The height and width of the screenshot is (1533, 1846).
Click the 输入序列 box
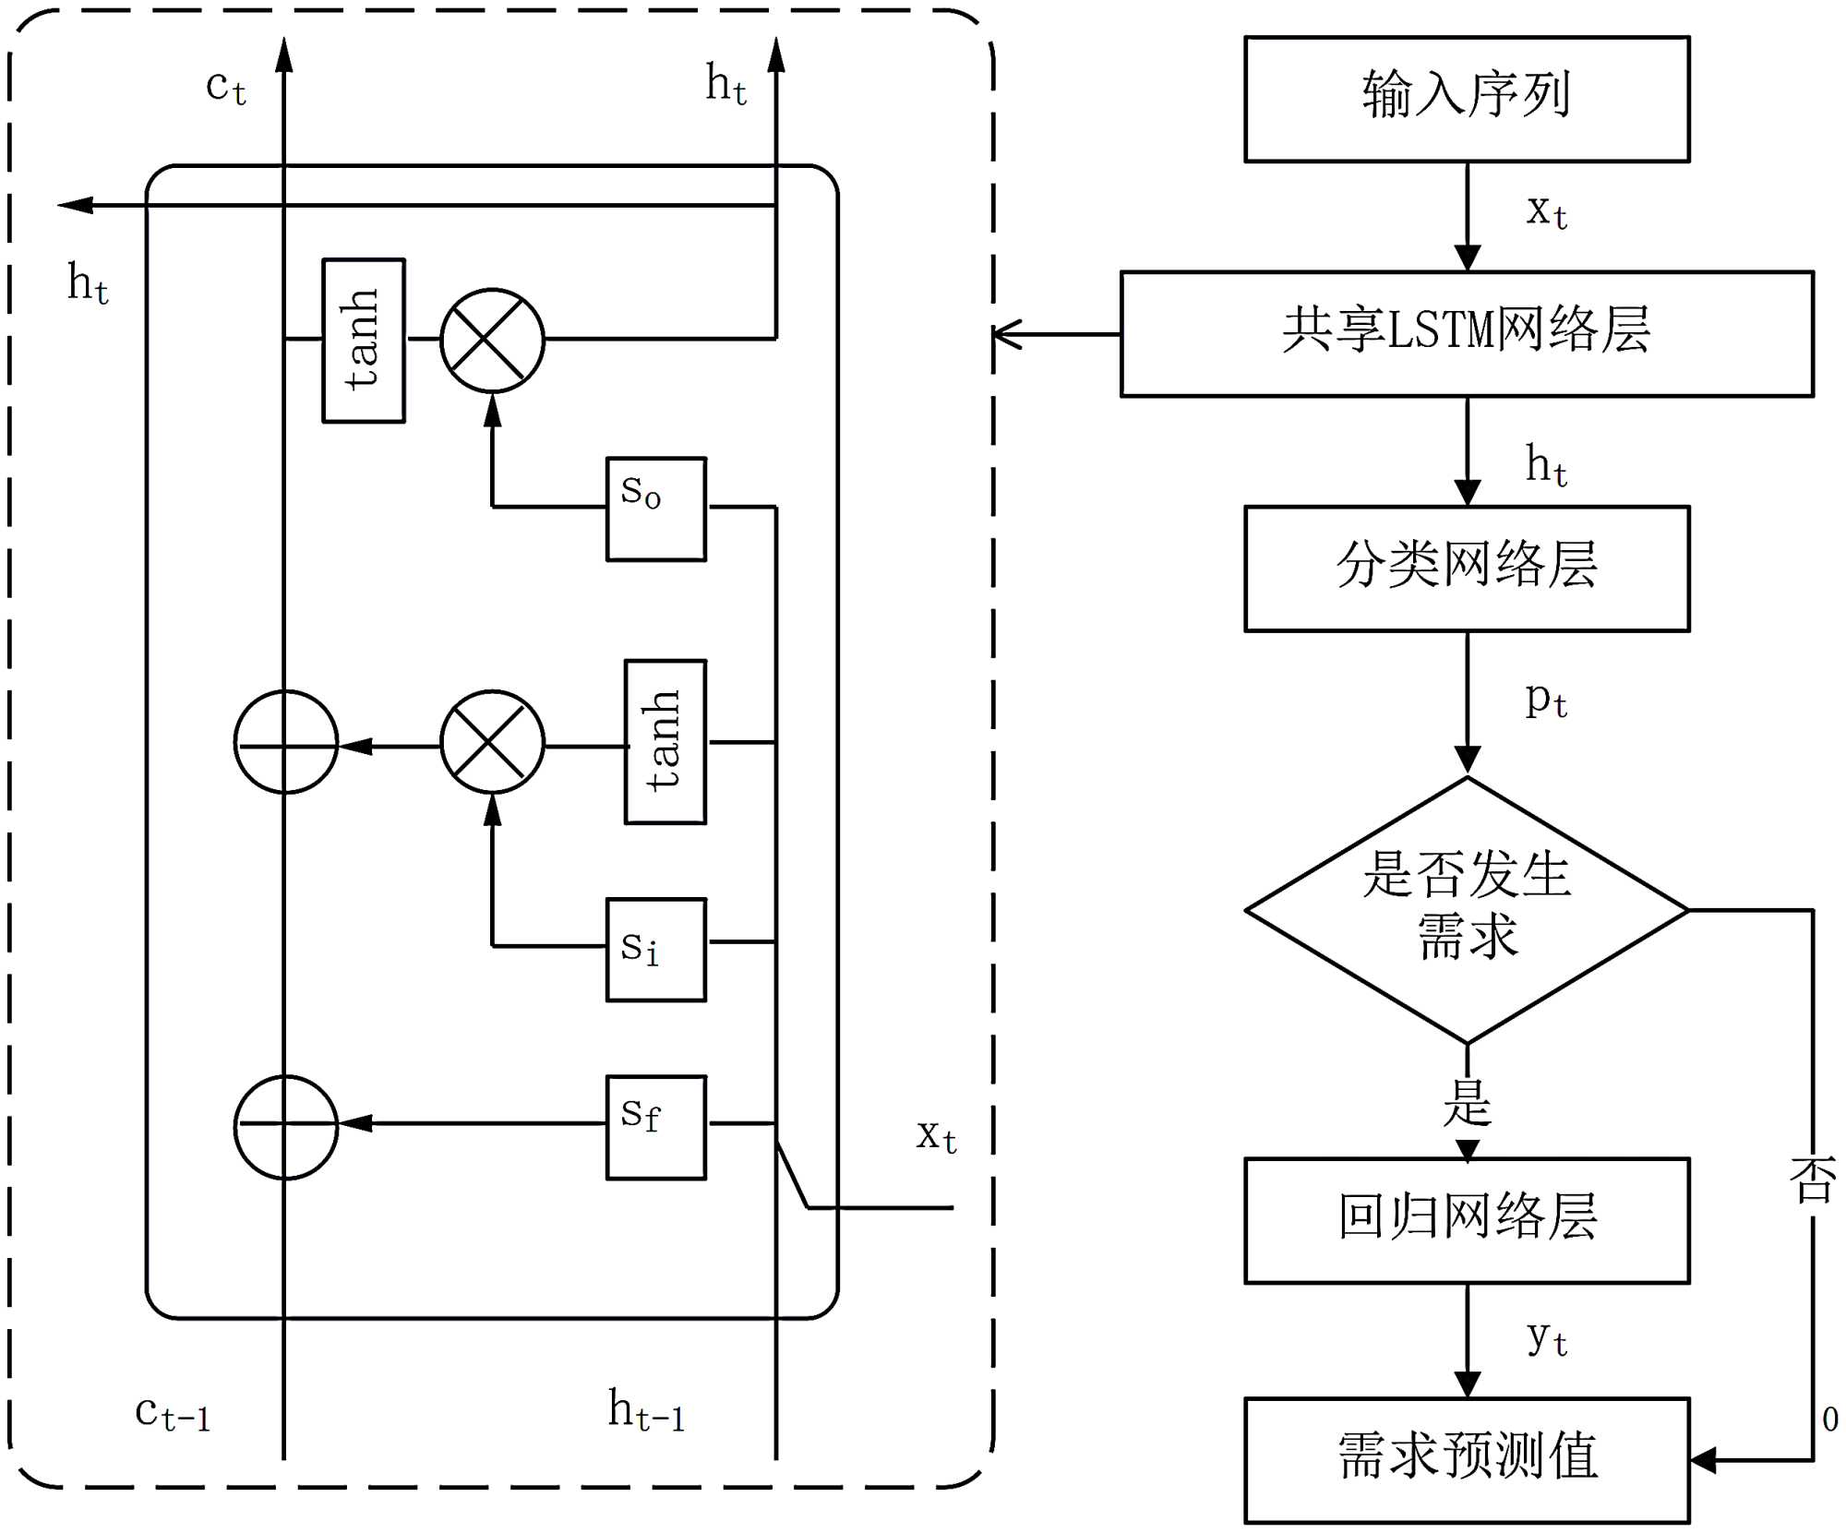coord(1466,99)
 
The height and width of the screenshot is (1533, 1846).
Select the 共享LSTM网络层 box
coord(1466,333)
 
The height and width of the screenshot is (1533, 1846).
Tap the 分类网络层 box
coord(1466,568)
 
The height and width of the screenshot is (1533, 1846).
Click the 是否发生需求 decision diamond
coord(1466,909)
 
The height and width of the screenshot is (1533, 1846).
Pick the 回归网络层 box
coord(1466,1219)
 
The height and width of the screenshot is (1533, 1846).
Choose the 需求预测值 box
coord(1466,1459)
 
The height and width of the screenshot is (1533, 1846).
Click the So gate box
coord(655,509)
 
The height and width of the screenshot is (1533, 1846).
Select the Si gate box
coord(655,949)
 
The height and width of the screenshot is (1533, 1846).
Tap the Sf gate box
coord(655,1126)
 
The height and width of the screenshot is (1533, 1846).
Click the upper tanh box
coord(363,341)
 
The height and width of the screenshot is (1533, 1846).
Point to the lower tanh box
coord(665,741)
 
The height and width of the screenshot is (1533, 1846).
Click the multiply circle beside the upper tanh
coord(492,341)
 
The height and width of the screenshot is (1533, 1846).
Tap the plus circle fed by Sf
coord(285,1126)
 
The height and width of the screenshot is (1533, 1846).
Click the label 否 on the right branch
coord(1812,1180)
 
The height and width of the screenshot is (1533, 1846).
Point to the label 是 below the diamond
coord(1467,1102)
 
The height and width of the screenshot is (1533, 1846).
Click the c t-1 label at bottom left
coord(173,1413)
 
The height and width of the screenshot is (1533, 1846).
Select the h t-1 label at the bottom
coord(646,1411)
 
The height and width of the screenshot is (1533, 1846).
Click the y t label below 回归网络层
coord(1546,1337)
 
